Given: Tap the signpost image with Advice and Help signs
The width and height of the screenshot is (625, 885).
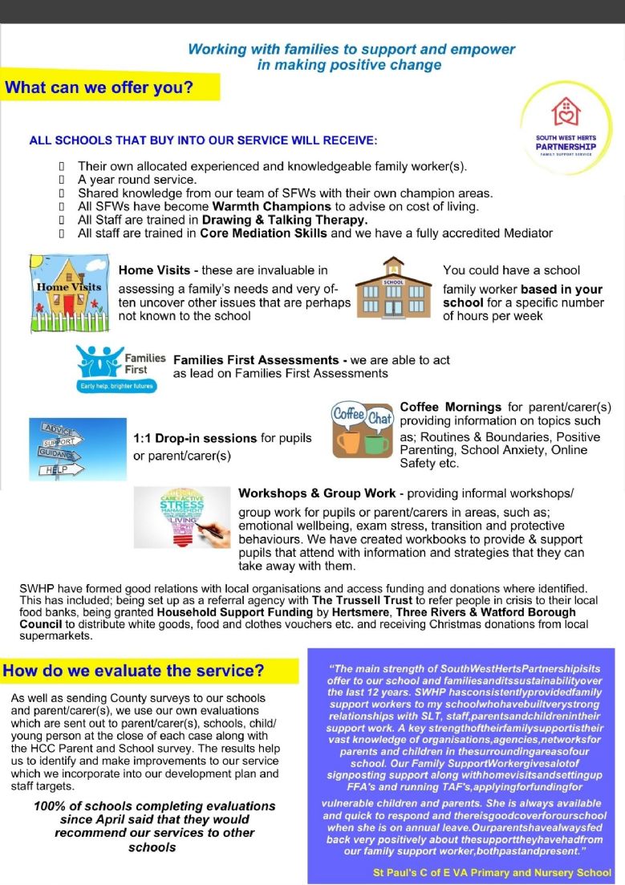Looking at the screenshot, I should click(66, 447).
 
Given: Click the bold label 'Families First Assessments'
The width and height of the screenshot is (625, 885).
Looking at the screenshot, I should click(256, 360).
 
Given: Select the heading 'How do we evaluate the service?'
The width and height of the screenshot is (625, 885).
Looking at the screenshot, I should click(134, 671).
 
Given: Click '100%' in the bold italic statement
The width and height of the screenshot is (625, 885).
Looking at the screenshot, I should click(50, 806).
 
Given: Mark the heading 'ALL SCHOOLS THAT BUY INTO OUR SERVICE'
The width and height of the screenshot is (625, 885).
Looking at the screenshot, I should click(202, 140).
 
